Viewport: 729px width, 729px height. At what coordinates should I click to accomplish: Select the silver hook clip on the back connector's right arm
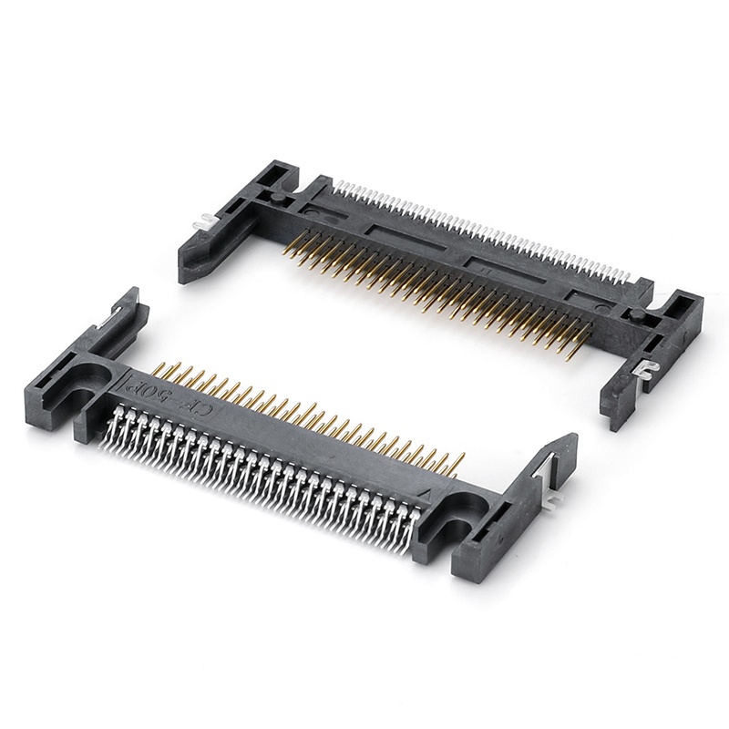point(648,368)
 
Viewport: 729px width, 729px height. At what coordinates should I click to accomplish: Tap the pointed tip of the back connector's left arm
point(188,272)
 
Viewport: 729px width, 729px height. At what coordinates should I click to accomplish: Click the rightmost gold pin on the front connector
point(459,461)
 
